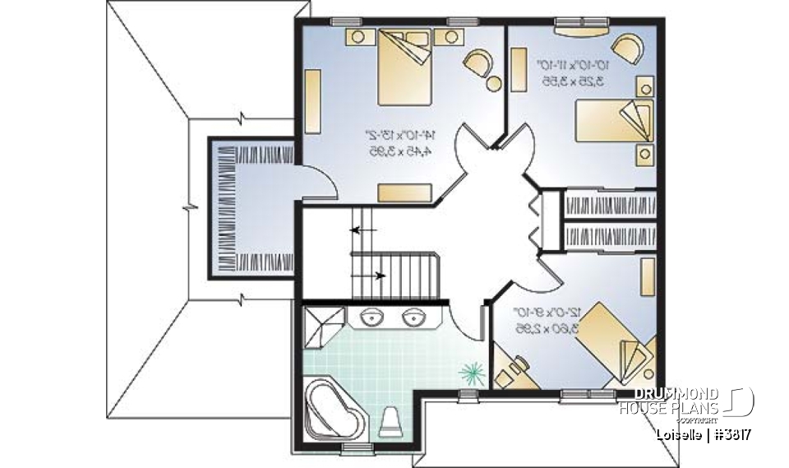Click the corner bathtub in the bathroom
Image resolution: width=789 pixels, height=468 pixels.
coord(333,410)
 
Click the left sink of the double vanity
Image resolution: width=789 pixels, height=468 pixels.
coord(374,317)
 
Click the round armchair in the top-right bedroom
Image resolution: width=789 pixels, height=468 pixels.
coord(628,48)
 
